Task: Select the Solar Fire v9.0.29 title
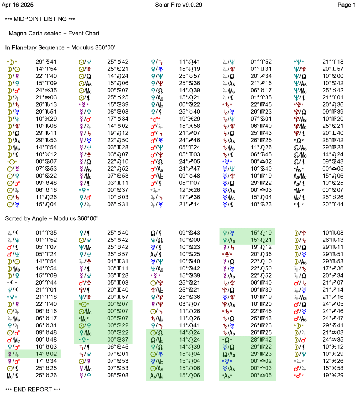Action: tap(178, 5)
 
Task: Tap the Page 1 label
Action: tap(346, 5)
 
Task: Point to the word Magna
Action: tap(18, 33)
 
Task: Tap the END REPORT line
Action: tap(33, 389)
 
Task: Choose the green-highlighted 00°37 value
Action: tap(116, 340)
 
